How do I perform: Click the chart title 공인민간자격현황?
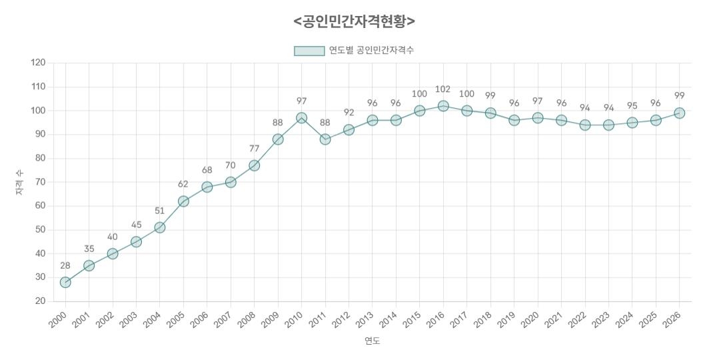355,21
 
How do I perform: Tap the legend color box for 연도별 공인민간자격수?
309,51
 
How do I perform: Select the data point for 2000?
65,282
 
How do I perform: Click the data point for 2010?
301,118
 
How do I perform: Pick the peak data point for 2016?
443,106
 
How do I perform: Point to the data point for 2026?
679,113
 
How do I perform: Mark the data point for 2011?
325,139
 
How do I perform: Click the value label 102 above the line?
442,89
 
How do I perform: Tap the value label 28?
65,265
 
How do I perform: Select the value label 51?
159,211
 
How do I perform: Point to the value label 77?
254,149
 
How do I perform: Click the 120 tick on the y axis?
38,63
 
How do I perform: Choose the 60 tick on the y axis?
40,206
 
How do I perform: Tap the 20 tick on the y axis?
40,301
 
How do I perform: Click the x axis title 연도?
372,341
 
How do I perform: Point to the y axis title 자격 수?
19,182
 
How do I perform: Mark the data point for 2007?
231,182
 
